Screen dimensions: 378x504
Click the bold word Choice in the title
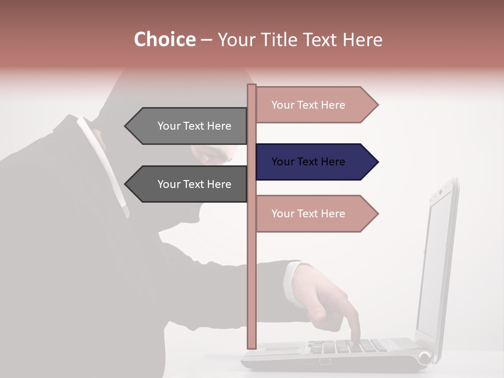164,39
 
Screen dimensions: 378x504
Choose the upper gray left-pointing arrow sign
189,126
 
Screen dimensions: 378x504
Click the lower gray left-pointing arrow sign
189,184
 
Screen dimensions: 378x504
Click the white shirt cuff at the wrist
292,283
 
